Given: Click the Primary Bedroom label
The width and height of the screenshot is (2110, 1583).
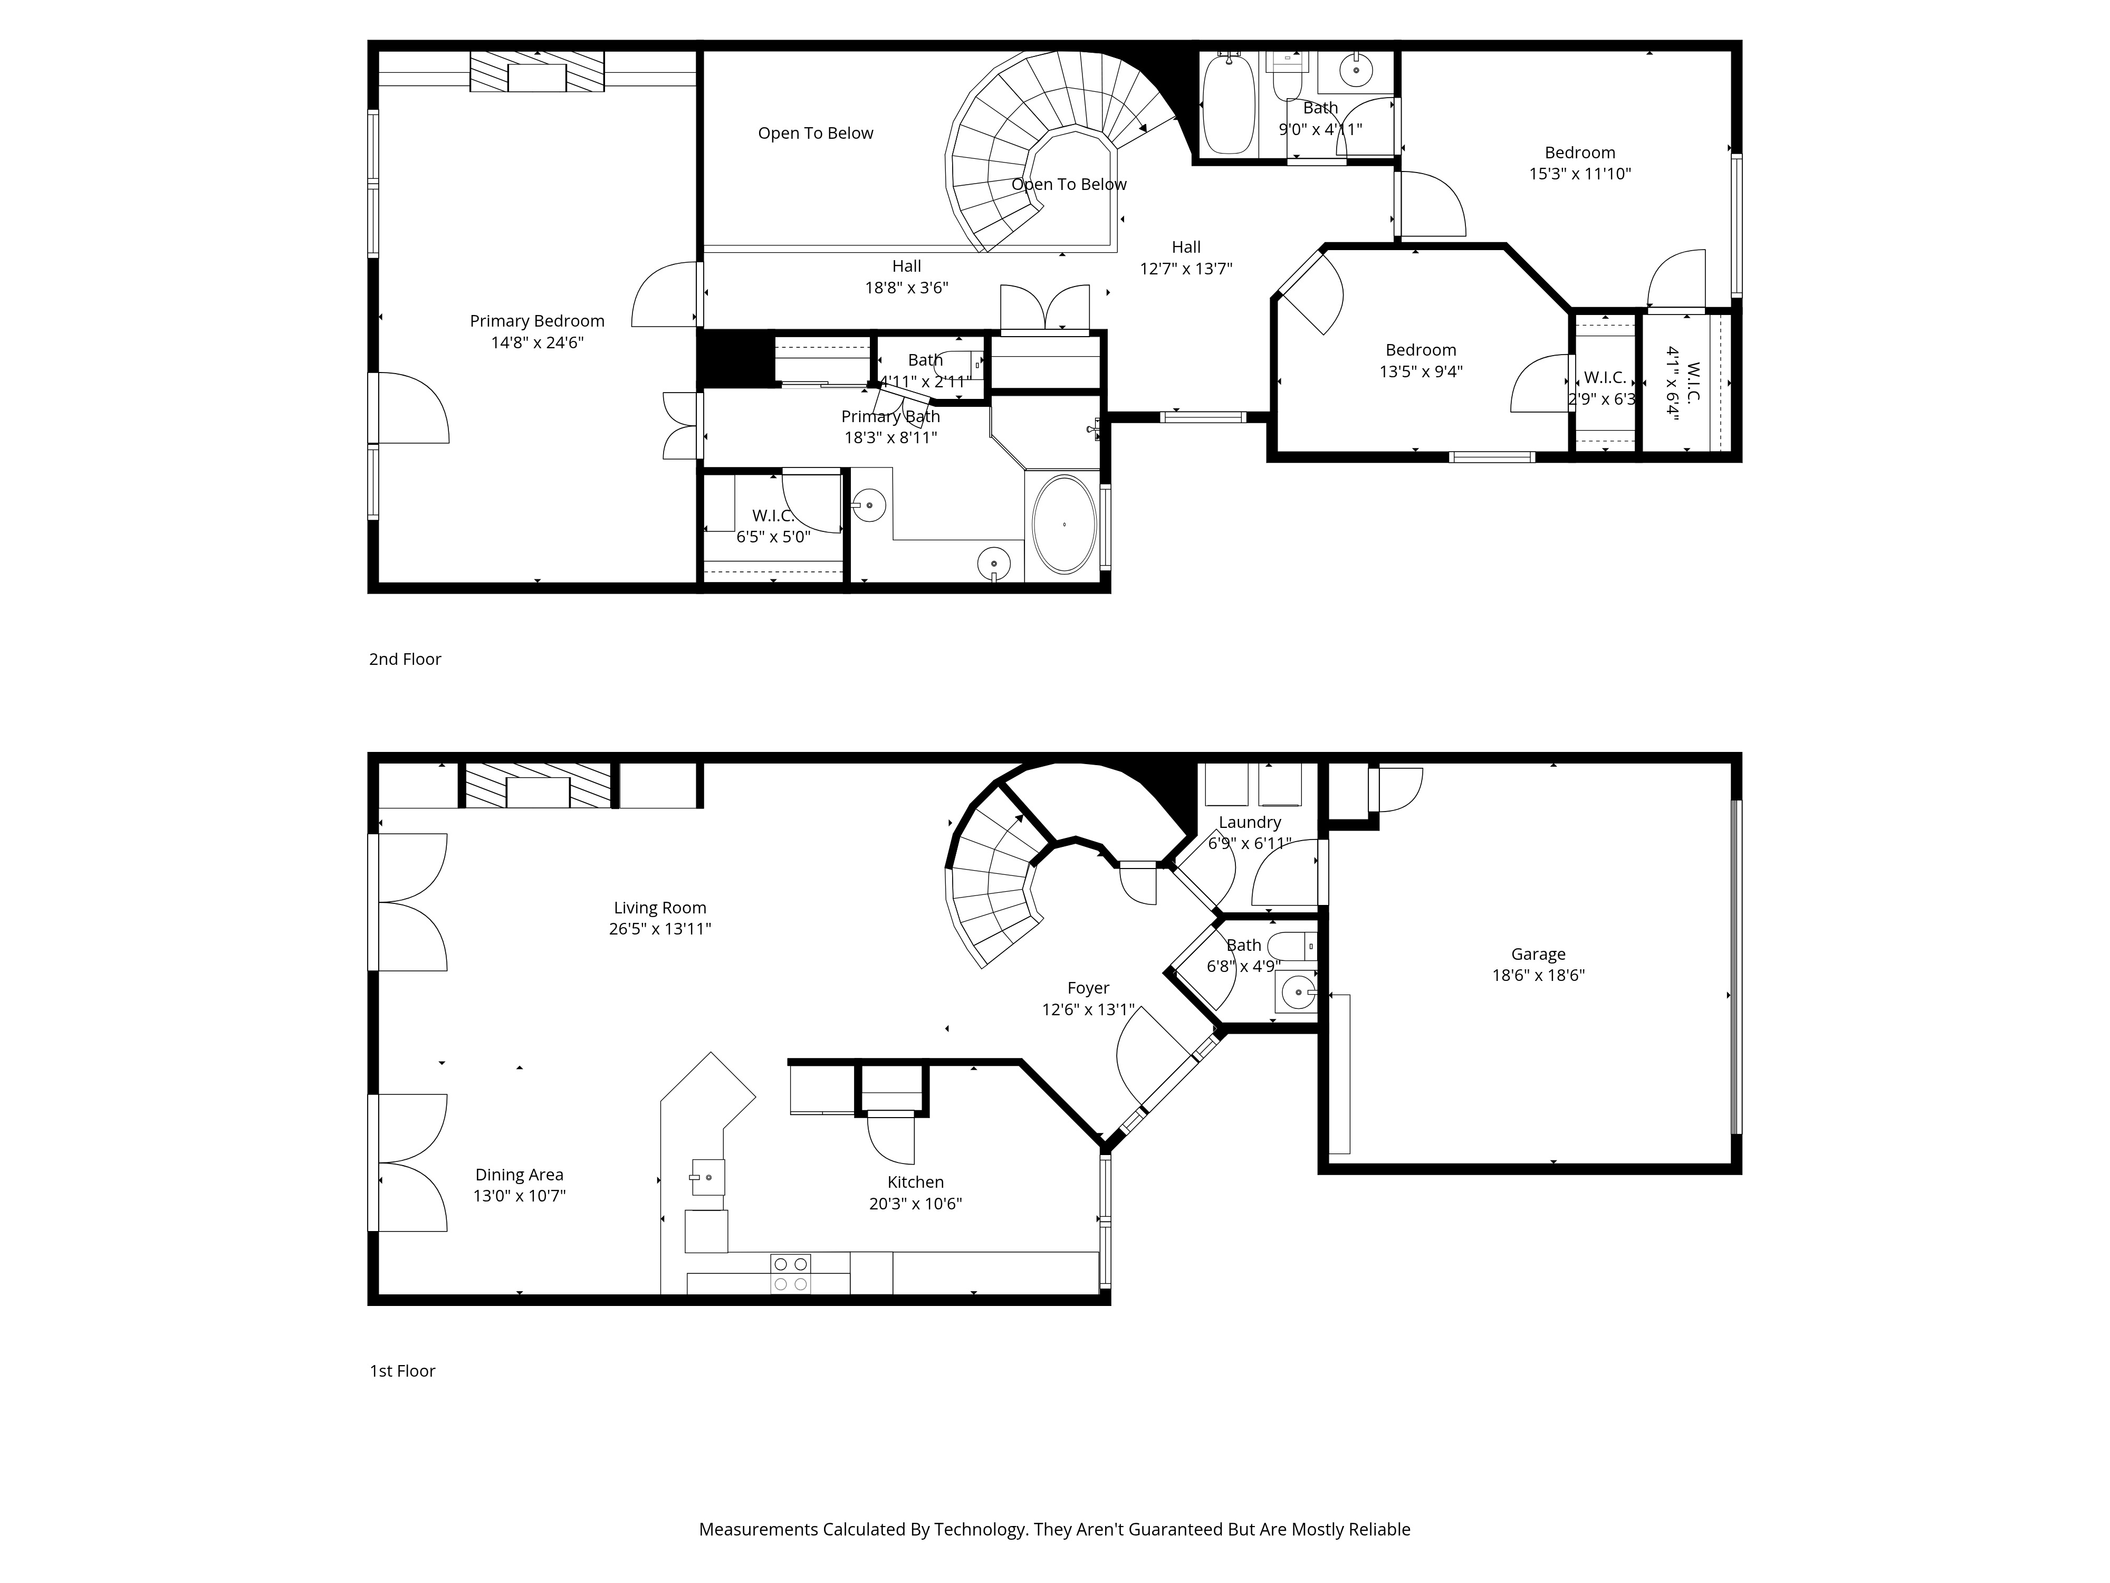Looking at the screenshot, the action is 537,321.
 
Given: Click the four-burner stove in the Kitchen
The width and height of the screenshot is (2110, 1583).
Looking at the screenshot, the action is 791,1274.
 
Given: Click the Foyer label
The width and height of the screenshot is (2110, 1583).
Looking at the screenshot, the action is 1088,988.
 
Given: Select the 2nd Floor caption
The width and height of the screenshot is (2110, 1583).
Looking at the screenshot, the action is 406,660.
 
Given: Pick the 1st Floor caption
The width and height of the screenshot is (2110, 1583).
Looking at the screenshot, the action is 402,1371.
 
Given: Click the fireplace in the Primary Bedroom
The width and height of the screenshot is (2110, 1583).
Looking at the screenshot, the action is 537,72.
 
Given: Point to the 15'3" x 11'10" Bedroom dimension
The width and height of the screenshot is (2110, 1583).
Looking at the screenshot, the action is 1580,174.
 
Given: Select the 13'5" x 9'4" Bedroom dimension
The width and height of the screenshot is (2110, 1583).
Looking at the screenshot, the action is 1421,371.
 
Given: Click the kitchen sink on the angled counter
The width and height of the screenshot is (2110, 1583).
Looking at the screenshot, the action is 708,1177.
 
